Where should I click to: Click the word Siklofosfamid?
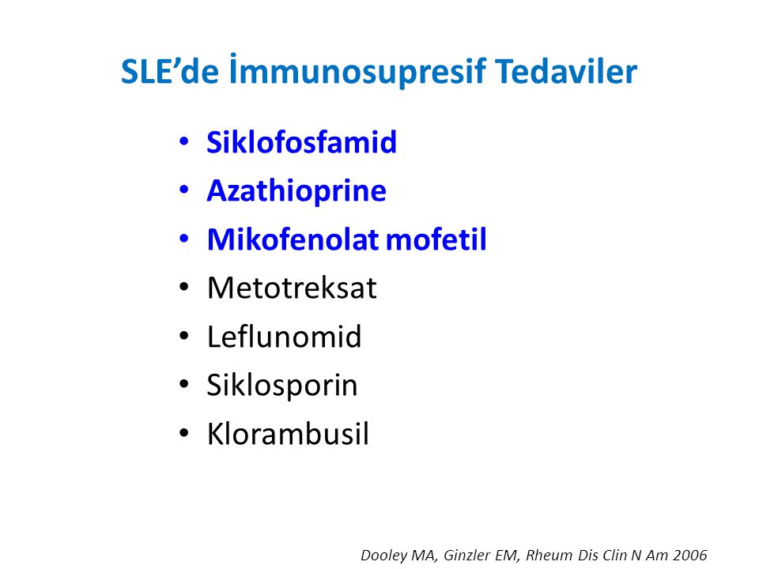301,141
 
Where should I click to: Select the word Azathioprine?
296,191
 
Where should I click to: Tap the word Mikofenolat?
293,239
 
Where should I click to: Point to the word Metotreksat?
292,288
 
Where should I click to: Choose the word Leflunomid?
284,337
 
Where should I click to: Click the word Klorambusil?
288,433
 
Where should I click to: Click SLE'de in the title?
169,72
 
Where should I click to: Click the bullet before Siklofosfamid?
183,141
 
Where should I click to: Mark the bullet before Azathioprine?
183,190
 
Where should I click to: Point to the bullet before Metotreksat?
183,288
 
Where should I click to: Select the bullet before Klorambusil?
183,433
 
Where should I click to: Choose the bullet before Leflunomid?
183,336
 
